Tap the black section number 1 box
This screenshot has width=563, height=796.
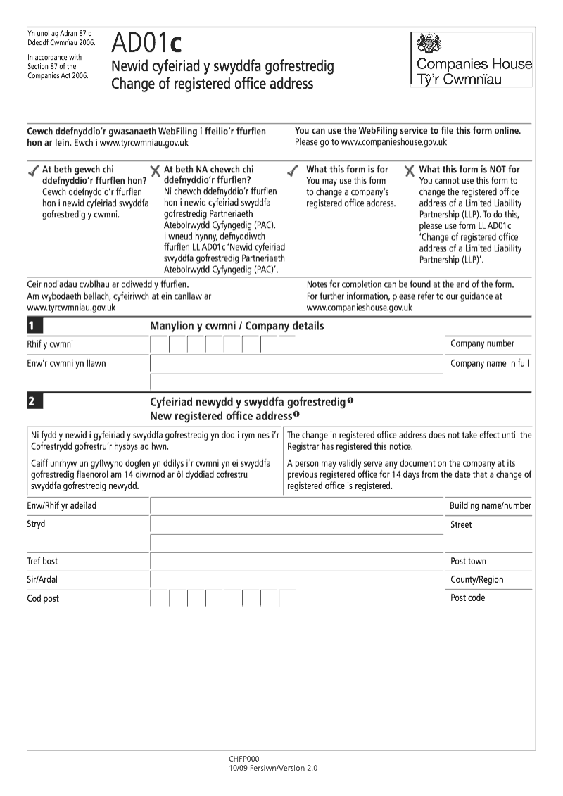pyautogui.click(x=34, y=326)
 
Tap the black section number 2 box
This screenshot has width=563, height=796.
pyautogui.click(x=34, y=402)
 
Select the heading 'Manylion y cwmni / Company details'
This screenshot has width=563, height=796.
pyautogui.click(x=237, y=326)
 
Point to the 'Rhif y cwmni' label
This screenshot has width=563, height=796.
pyautogui.click(x=50, y=344)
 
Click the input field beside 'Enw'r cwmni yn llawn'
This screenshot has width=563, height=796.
pyautogui.click(x=297, y=364)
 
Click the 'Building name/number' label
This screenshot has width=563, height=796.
pyautogui.click(x=491, y=506)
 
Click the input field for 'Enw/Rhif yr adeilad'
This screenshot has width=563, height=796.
pyautogui.click(x=297, y=507)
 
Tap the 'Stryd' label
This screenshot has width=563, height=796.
pyautogui.click(x=36, y=524)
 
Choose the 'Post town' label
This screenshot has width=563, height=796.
pyautogui.click(x=468, y=562)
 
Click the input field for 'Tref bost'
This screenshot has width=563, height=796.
pyautogui.click(x=297, y=562)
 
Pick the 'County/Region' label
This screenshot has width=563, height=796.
pyautogui.click(x=476, y=580)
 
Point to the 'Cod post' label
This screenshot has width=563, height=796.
pyautogui.click(x=43, y=599)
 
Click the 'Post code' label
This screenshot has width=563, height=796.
pyautogui.click(x=467, y=598)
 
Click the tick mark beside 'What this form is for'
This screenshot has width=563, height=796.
pyautogui.click(x=293, y=171)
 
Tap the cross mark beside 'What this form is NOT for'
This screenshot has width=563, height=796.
pyautogui.click(x=409, y=171)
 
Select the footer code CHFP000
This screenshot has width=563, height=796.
pyautogui.click(x=244, y=759)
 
